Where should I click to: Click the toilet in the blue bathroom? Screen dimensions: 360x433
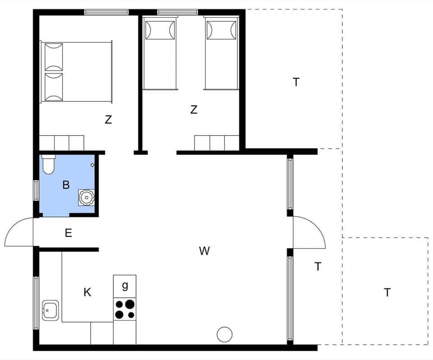pyautogui.click(x=48, y=165)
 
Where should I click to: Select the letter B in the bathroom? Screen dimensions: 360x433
pyautogui.click(x=66, y=185)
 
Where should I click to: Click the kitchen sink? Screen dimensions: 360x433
pyautogui.click(x=49, y=310)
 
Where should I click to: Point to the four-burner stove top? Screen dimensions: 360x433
pyautogui.click(x=124, y=309)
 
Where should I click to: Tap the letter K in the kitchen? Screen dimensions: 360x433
pyautogui.click(x=88, y=292)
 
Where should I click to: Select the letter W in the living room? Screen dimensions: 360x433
pyautogui.click(x=204, y=251)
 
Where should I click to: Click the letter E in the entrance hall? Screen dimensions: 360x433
pyautogui.click(x=69, y=233)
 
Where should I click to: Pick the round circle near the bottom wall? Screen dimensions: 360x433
pyautogui.click(x=225, y=335)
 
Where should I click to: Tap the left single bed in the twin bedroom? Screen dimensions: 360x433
pyautogui.click(x=160, y=53)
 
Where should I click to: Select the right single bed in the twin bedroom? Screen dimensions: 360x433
pyautogui.click(x=221, y=53)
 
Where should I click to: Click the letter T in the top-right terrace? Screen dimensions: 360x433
pyautogui.click(x=296, y=82)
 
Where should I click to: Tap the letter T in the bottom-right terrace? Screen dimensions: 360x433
pyautogui.click(x=387, y=293)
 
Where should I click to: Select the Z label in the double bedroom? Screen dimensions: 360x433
pyautogui.click(x=108, y=120)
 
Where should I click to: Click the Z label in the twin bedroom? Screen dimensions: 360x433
pyautogui.click(x=194, y=109)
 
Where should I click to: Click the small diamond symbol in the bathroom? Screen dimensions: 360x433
pyautogui.click(x=92, y=165)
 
